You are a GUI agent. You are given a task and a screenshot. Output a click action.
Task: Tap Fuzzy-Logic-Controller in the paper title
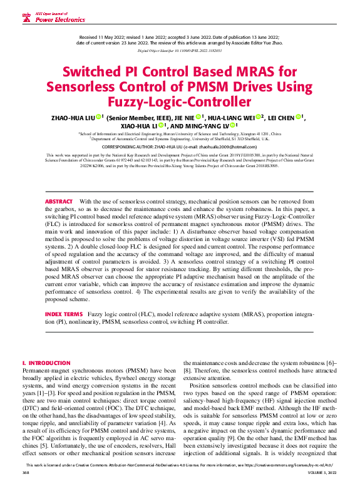(180, 101)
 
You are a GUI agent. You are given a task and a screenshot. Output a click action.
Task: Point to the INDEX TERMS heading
(63, 312)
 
